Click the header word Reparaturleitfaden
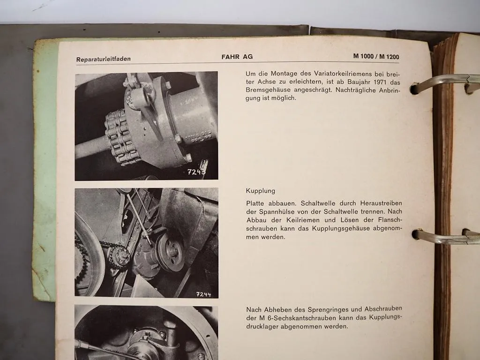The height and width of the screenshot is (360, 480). point(103,59)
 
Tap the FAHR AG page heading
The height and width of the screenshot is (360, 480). point(237,57)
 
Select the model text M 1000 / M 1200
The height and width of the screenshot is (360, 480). point(376,57)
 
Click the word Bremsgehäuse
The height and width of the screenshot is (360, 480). point(267,90)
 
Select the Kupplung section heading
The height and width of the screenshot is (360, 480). point(260,191)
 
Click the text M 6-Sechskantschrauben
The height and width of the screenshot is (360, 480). point(293,318)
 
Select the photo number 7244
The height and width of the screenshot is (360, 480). point(203,294)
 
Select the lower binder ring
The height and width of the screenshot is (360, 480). point(445,237)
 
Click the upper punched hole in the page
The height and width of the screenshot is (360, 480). point(414,89)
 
